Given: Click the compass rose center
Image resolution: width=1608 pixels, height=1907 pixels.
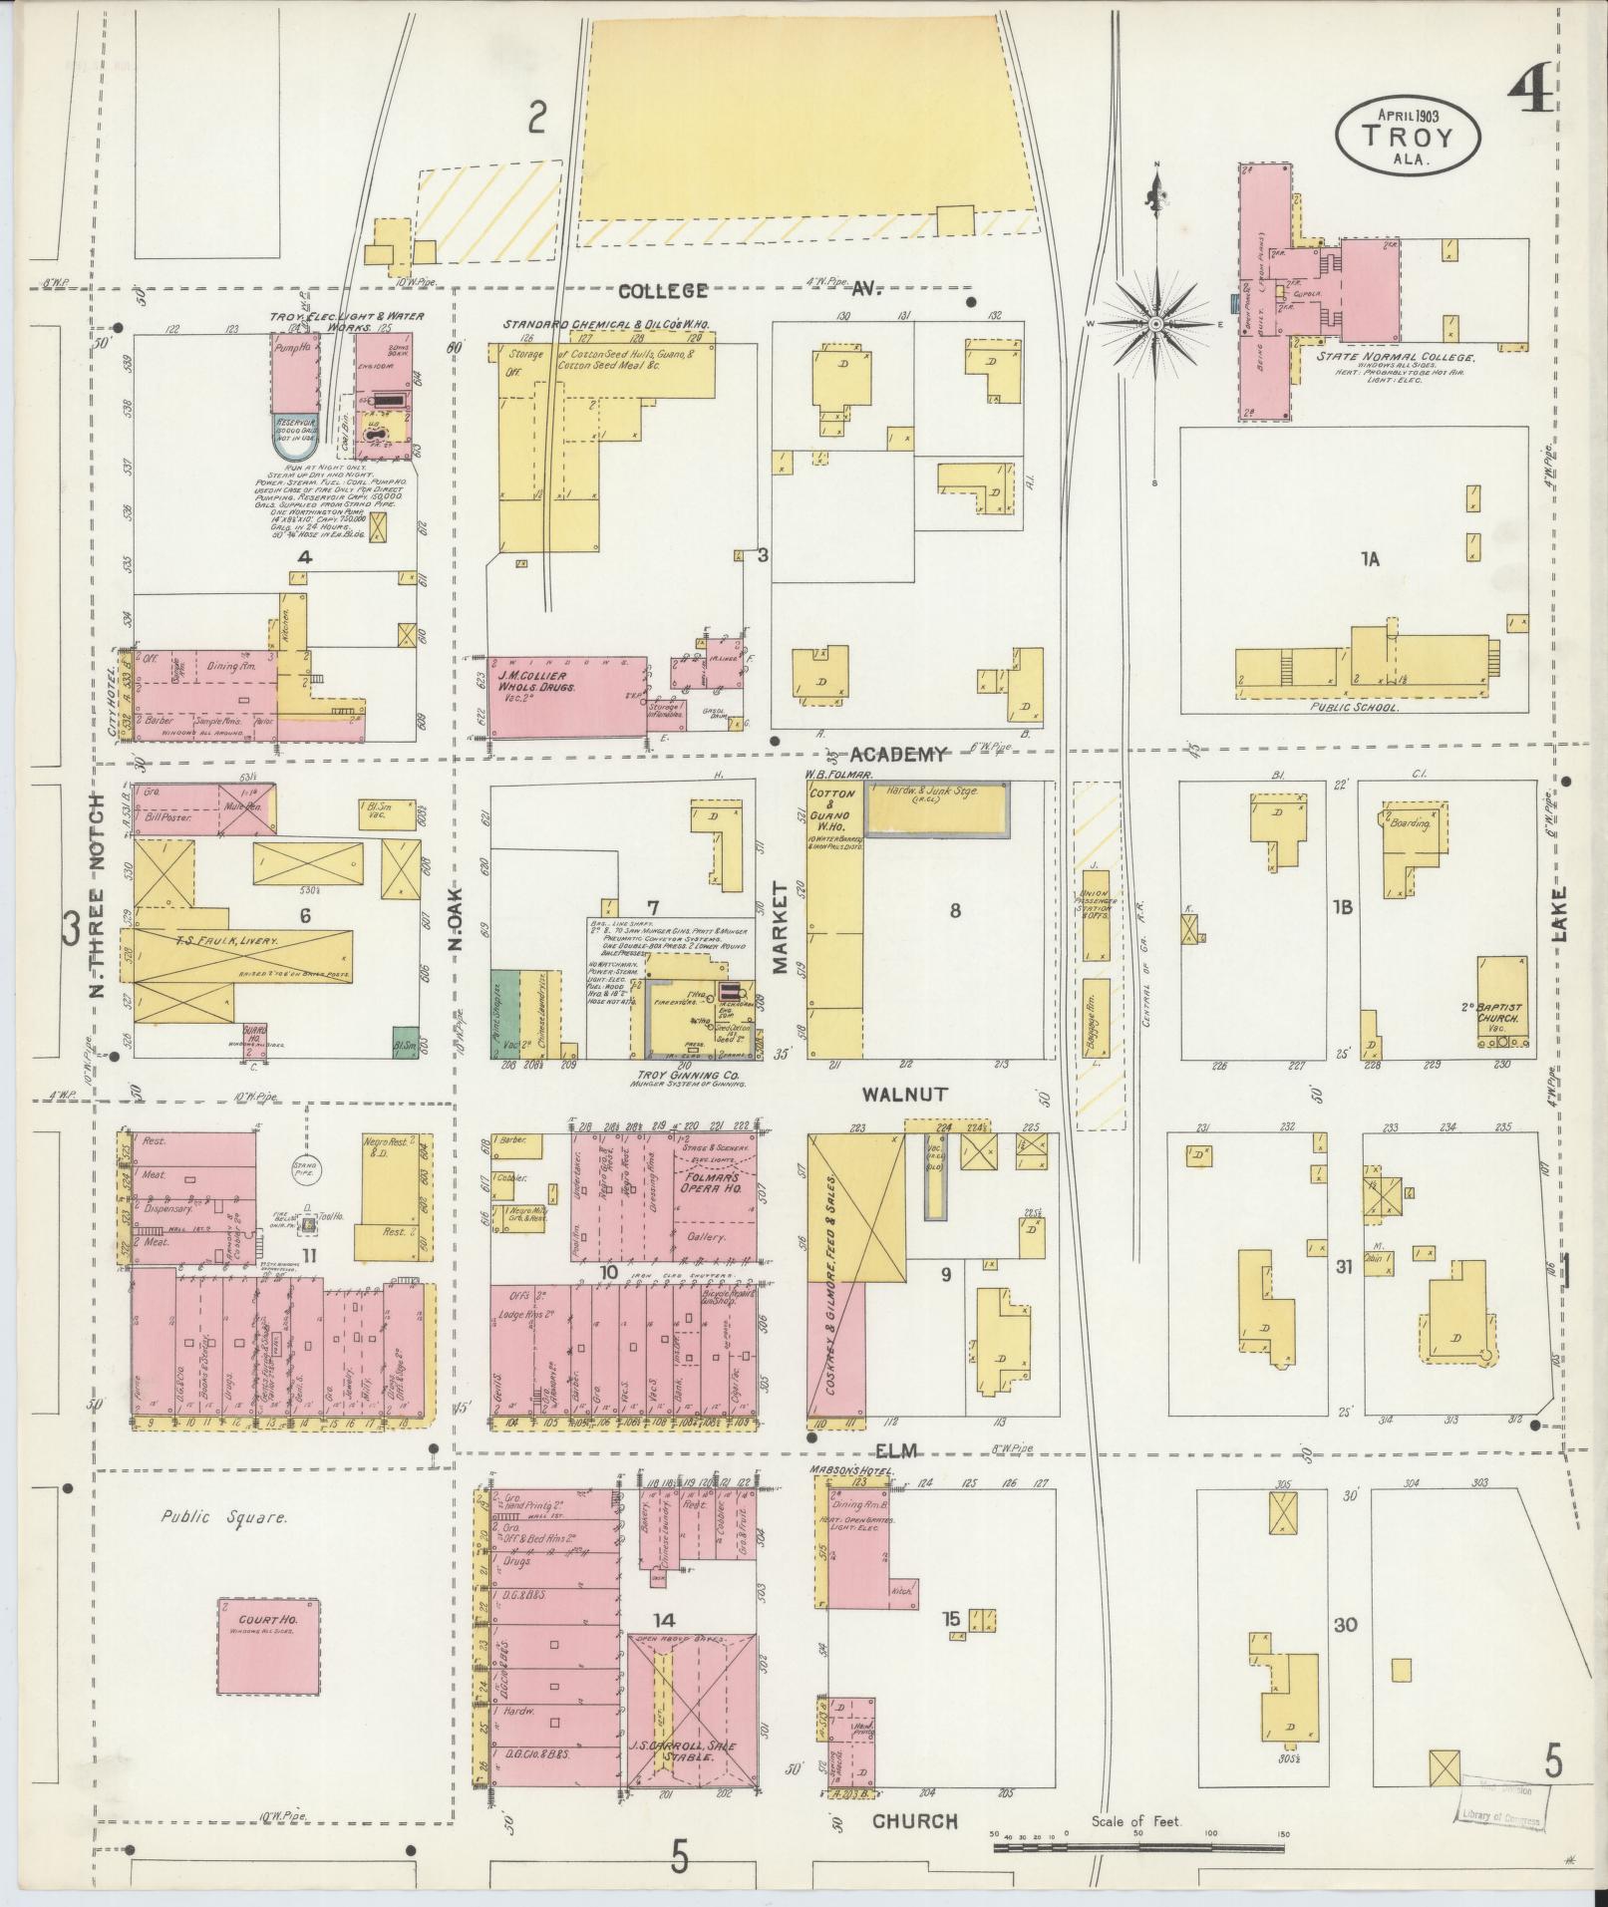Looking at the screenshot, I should point(1154,325).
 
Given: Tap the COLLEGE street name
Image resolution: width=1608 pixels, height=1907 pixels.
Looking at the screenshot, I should point(663,291).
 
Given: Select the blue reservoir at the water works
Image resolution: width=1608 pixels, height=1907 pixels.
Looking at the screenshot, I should point(295,434).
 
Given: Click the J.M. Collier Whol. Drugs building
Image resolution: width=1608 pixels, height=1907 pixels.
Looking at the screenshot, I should point(566,697).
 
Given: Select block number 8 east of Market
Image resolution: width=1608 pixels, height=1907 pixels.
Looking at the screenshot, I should point(954,909).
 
